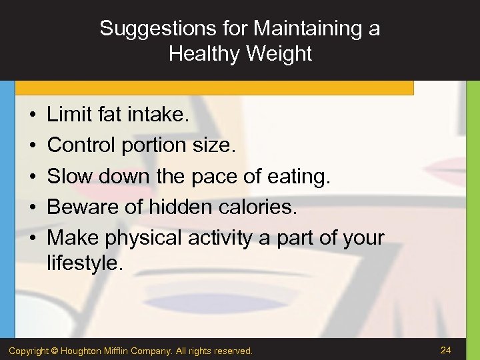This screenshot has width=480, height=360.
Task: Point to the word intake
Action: point(157,115)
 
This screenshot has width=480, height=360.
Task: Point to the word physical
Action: point(145,238)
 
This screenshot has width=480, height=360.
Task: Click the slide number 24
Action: point(447,349)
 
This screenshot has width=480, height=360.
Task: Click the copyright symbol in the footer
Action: point(55,351)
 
